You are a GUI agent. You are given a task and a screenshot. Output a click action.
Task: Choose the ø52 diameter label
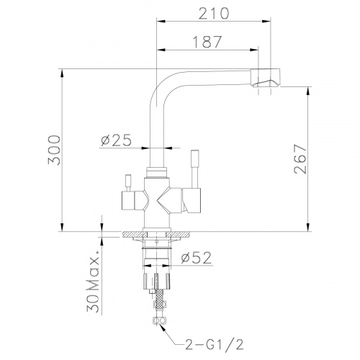195,258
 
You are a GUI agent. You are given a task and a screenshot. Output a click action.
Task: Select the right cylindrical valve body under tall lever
192,199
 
